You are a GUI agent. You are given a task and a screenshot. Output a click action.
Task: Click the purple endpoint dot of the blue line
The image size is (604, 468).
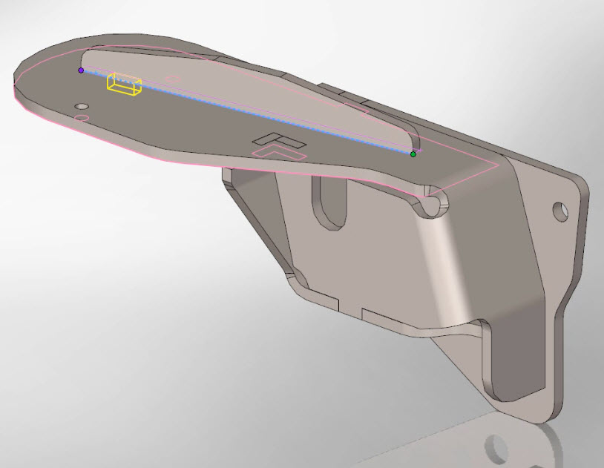pos(81,70)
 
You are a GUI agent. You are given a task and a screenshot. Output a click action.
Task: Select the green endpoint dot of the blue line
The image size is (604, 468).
pos(413,154)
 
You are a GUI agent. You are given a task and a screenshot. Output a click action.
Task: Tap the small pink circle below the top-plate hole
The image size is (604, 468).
pos(83,118)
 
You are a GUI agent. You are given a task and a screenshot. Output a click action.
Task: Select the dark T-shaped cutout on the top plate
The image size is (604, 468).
pos(275,139)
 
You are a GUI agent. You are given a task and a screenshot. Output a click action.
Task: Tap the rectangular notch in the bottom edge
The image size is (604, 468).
pos(350,306)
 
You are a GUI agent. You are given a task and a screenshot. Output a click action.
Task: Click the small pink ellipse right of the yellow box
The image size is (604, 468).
pos(171,78)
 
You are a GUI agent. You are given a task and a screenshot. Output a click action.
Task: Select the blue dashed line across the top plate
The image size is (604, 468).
pos(245,112)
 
